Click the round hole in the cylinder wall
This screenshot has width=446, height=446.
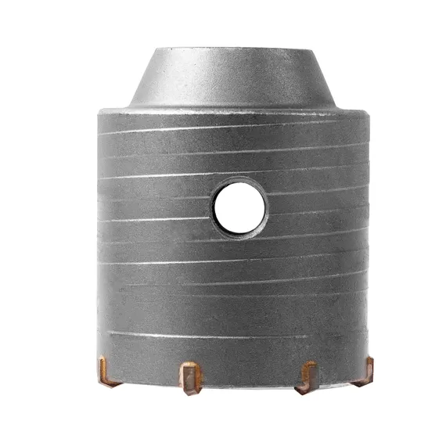coord(239,207)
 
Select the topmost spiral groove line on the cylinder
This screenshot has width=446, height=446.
coord(235,125)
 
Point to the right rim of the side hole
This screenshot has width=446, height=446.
coord(266,207)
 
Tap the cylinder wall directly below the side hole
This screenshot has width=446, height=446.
coord(239,274)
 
